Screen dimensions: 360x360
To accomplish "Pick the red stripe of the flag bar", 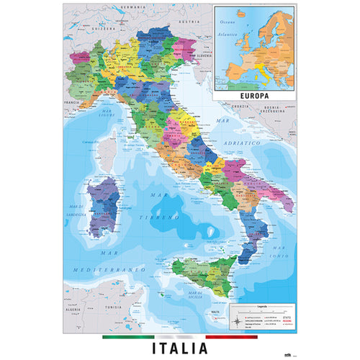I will click(232, 336).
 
